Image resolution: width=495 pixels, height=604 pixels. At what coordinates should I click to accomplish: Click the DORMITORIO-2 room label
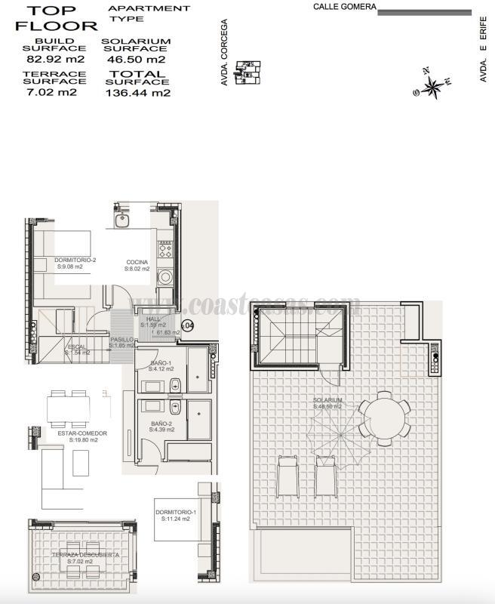point(75,260)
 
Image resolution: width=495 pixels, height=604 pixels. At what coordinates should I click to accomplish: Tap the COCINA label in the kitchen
point(137,263)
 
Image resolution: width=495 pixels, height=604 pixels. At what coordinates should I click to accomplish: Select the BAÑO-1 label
point(161,364)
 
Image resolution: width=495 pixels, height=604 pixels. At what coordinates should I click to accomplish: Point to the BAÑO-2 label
point(162,424)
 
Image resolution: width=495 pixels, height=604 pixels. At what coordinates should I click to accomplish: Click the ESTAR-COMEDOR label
point(82,433)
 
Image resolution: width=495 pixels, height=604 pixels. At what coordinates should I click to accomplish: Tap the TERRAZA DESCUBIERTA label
point(85,555)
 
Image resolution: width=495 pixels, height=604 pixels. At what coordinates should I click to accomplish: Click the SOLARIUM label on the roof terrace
point(328,400)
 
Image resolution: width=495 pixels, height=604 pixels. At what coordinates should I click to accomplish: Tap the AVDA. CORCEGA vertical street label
point(224,52)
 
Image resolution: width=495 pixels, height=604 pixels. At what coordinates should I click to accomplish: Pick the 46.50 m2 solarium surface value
point(136,59)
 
